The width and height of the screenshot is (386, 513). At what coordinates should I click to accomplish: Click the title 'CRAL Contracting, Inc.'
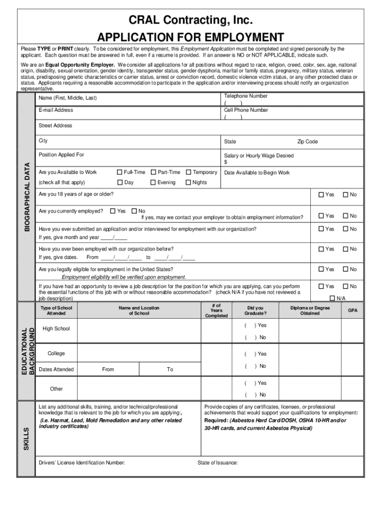pyautogui.click(x=190, y=21)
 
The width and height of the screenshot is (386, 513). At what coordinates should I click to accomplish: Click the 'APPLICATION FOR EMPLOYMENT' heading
pyautogui.click(x=190, y=38)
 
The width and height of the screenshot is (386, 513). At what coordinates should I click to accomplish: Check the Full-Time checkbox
pyautogui.click(x=120, y=172)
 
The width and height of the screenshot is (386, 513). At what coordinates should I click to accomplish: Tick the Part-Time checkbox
pyautogui.click(x=153, y=172)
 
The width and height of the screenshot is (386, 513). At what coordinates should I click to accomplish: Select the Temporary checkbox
pyautogui.click(x=188, y=172)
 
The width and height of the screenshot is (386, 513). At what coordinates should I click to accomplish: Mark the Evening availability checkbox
pyautogui.click(x=153, y=182)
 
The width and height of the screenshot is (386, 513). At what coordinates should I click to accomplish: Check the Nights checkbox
pyautogui.click(x=188, y=182)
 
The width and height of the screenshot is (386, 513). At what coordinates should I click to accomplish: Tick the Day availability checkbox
pyautogui.click(x=120, y=182)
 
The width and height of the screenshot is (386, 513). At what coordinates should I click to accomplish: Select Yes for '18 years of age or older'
pyautogui.click(x=321, y=195)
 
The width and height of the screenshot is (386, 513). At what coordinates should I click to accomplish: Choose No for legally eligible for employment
pyautogui.click(x=345, y=270)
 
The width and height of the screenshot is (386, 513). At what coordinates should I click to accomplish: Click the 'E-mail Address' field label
pyautogui.click(x=56, y=110)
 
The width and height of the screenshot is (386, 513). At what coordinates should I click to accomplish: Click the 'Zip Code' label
pyautogui.click(x=307, y=142)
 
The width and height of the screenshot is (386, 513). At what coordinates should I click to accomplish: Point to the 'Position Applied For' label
pyautogui.click(x=61, y=155)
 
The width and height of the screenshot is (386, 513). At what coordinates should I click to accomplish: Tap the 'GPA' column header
pyautogui.click(x=353, y=311)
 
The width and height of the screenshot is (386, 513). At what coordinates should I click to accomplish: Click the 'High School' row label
pyautogui.click(x=56, y=329)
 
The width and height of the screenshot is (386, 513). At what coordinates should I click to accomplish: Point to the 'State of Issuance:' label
pyautogui.click(x=218, y=462)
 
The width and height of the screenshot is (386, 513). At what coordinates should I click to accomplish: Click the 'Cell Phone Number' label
pyautogui.click(x=246, y=110)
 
